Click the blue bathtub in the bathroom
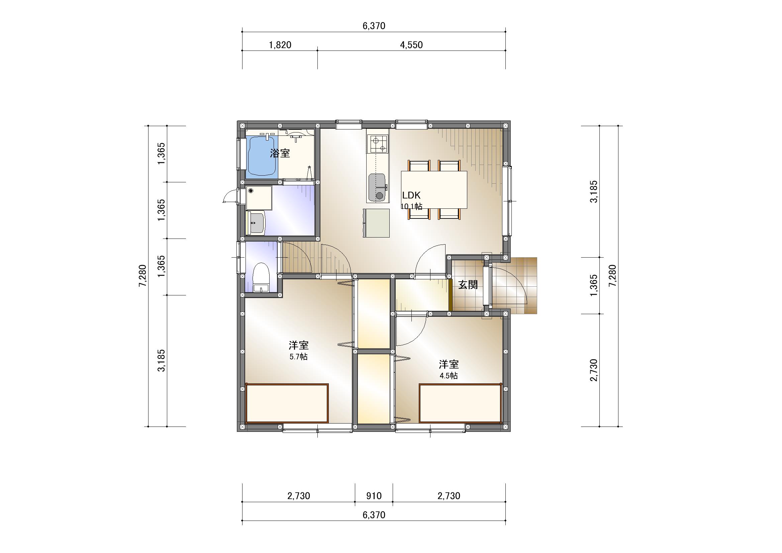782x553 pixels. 262,156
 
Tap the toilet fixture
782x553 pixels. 262,277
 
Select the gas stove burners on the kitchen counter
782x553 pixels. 378,144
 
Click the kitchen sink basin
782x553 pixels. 377,187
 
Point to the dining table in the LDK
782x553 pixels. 434,189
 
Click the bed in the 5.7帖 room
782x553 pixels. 287,403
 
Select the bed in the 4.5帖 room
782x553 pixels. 461,403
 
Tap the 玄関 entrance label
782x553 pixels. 468,284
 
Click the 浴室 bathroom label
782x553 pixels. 280,153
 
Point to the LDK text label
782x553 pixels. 411,195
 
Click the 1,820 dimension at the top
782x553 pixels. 280,45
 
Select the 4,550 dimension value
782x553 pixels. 411,45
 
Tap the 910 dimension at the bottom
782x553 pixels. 374,496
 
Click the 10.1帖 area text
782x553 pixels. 411,206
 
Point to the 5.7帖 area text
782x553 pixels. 298,357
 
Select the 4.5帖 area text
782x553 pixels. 449,376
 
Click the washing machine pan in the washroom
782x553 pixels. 259,198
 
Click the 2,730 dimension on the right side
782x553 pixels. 594,370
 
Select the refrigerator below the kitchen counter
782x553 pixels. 376,223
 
